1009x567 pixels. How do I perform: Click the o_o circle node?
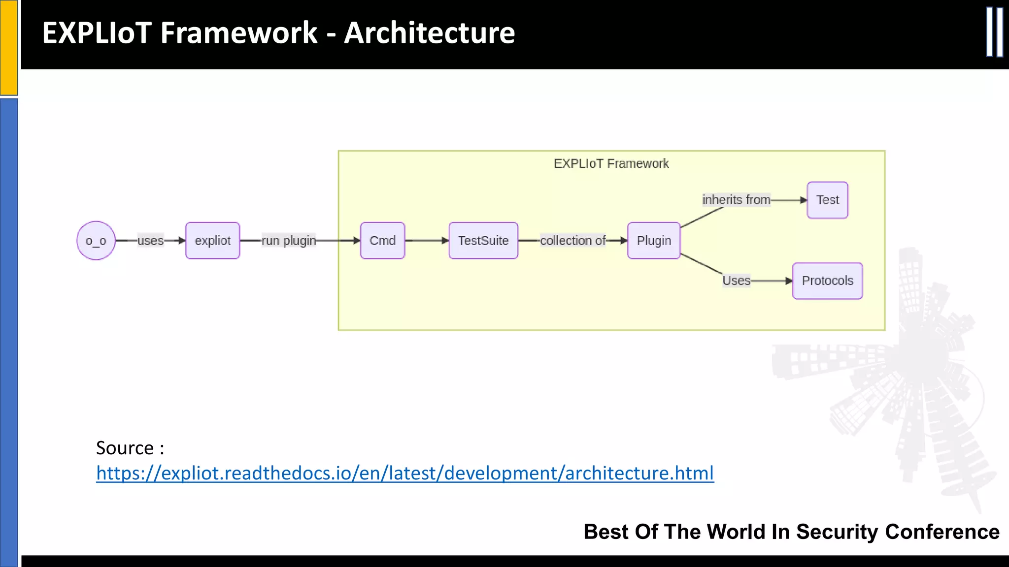(x=96, y=241)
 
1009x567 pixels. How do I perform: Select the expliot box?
(x=212, y=241)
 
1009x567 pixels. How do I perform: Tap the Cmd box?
(x=382, y=241)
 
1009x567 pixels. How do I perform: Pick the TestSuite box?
(x=483, y=241)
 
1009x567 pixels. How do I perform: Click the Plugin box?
(x=654, y=241)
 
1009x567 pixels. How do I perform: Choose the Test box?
(x=827, y=200)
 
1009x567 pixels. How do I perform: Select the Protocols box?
(x=827, y=281)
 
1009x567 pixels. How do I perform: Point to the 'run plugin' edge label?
(x=289, y=241)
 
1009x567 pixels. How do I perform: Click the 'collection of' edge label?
(x=573, y=241)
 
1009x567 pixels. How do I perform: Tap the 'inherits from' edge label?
(x=736, y=200)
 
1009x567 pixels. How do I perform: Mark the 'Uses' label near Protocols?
(x=736, y=281)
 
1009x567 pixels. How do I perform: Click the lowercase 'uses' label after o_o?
(x=150, y=241)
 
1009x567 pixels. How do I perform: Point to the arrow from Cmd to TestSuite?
(x=427, y=241)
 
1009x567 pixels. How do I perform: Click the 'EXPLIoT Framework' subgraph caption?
(x=611, y=163)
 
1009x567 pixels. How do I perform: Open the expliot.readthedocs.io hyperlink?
(x=404, y=473)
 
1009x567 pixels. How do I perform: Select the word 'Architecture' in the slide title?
(x=429, y=33)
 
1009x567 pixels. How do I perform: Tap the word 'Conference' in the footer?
(x=942, y=532)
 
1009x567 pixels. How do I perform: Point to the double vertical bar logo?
(x=994, y=32)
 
